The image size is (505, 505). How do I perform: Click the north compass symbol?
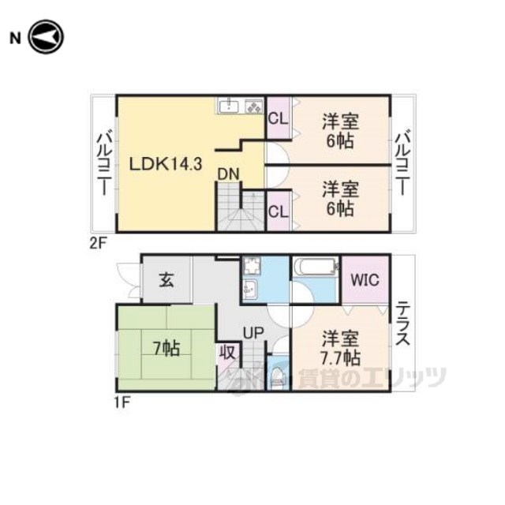click(x=46, y=37)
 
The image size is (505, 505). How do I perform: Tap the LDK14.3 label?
click(x=166, y=164)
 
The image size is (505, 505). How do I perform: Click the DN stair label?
click(x=229, y=174)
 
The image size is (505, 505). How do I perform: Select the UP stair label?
click(x=253, y=333)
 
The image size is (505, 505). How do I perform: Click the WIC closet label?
click(x=365, y=280)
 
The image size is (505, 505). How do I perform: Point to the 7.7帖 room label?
click(x=340, y=357)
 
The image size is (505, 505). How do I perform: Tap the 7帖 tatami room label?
click(x=166, y=348)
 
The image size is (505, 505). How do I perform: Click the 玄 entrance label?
click(x=167, y=279)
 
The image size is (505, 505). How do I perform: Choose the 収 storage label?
click(x=228, y=353)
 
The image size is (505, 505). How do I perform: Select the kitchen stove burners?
click(x=254, y=107)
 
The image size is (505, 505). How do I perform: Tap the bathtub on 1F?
click(x=316, y=267)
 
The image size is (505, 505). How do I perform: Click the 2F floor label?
click(x=98, y=244)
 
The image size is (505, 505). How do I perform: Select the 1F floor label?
click(x=122, y=402)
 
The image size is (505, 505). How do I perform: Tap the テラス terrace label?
click(x=402, y=324)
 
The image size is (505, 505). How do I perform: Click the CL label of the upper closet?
click(x=279, y=119)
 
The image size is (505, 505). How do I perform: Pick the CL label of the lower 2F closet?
click(x=279, y=211)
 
